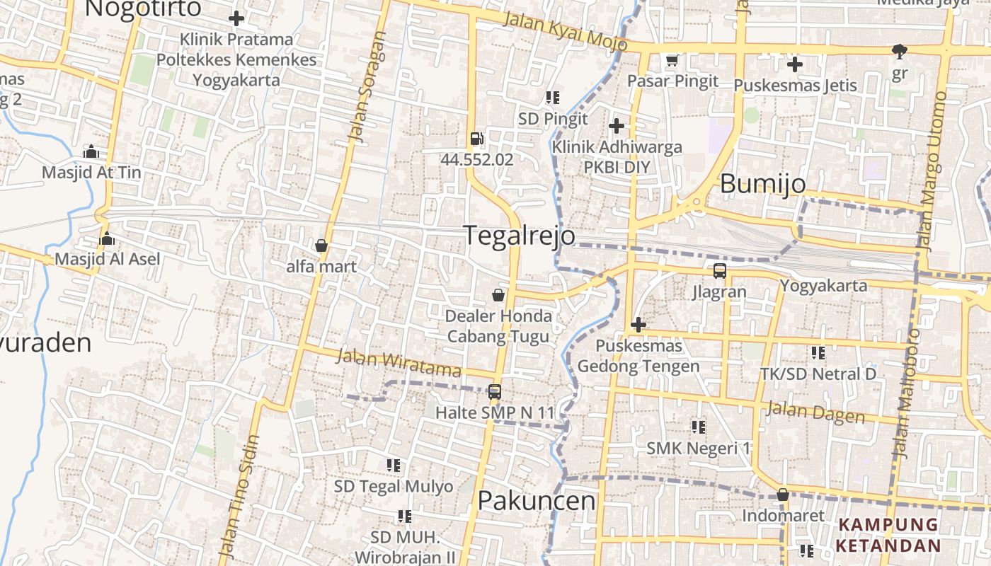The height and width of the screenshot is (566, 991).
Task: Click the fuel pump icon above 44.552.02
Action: (476, 139)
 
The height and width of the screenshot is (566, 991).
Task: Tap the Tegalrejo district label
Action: (520, 236)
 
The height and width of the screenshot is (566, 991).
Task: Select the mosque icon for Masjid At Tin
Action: (91, 151)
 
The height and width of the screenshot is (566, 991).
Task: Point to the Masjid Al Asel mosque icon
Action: (107, 238)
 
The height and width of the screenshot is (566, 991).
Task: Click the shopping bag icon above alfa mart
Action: (321, 246)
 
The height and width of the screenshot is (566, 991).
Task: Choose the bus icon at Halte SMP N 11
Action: (494, 391)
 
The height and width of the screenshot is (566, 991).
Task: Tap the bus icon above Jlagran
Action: (719, 270)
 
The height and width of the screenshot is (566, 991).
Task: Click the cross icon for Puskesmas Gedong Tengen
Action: (638, 325)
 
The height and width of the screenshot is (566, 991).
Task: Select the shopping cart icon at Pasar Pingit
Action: (672, 60)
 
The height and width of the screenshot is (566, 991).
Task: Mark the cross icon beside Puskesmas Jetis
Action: (795, 64)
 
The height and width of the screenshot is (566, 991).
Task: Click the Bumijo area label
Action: (762, 184)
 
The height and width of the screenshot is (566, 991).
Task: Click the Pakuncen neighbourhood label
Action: (537, 501)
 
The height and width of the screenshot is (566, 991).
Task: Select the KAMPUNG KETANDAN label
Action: (888, 536)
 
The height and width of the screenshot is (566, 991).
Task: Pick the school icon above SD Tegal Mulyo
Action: (394, 466)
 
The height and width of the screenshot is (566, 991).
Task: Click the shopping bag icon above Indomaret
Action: (782, 495)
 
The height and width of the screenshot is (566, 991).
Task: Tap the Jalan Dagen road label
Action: (815, 412)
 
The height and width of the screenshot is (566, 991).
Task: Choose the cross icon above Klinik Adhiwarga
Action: (617, 126)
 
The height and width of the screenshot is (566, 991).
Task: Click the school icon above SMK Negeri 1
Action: (698, 427)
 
